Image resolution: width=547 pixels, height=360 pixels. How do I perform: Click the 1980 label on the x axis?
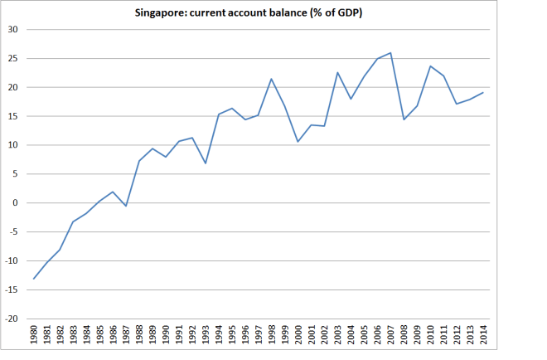pos(34,336)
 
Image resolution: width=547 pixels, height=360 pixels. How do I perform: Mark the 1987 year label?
pos(126,336)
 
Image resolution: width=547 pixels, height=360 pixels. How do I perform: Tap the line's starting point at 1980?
pos(34,279)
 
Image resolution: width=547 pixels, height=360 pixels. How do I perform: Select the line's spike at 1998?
pos(272,79)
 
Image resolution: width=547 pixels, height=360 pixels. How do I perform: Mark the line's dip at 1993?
pos(206,163)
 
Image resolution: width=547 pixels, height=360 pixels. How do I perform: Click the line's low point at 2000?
pos(298,142)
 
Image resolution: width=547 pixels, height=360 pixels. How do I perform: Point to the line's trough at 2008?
pos(404,119)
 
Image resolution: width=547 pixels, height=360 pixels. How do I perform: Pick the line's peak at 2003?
pos(338,72)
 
